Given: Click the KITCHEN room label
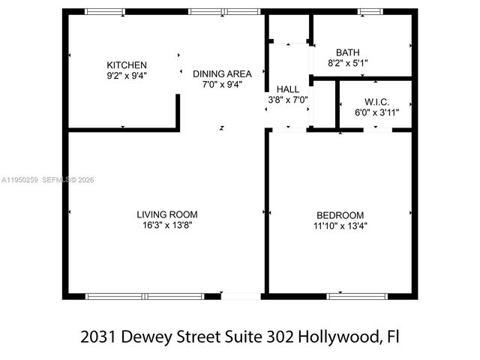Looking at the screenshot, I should click(x=127, y=65).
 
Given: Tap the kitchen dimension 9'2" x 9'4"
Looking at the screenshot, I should click(x=127, y=75).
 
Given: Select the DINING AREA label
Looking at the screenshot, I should click(x=222, y=73).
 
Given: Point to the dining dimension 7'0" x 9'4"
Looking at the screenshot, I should click(x=222, y=85).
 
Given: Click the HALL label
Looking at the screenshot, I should click(x=288, y=88).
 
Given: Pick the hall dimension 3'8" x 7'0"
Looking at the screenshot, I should click(x=288, y=99).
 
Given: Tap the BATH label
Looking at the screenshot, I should click(x=347, y=52).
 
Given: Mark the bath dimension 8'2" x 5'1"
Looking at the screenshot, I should click(x=347, y=64).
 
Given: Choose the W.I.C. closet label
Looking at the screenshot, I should click(x=376, y=101).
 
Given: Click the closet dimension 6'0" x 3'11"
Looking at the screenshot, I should click(x=376, y=112).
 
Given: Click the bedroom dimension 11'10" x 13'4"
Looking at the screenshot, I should click(x=340, y=225).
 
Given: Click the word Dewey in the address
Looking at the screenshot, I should click(x=147, y=337).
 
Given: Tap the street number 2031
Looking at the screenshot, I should click(x=99, y=337).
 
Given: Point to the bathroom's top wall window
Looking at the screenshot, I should click(x=369, y=11).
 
